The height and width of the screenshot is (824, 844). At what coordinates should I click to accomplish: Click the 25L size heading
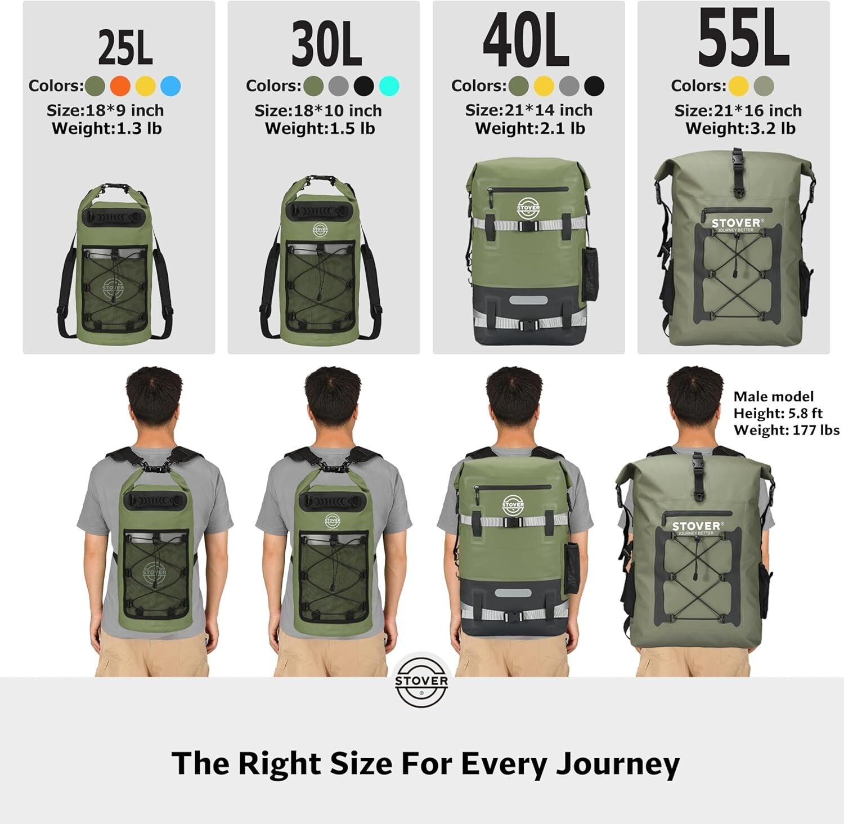[125, 47]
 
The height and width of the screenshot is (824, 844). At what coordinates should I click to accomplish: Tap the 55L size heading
[743, 39]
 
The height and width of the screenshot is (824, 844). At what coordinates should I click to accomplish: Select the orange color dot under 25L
[120, 86]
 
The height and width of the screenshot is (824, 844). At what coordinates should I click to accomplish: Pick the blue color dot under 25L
[170, 86]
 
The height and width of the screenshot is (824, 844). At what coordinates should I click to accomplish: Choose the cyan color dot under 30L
[389, 86]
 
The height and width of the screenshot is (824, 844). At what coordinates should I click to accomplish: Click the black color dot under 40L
[594, 86]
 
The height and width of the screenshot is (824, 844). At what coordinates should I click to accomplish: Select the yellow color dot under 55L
[738, 86]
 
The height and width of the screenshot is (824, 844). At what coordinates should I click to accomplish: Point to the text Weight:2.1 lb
[530, 128]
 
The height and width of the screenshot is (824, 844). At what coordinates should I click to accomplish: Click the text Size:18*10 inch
[318, 110]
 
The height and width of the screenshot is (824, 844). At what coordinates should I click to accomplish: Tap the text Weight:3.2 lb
[740, 128]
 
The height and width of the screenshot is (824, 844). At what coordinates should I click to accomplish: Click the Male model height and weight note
[786, 414]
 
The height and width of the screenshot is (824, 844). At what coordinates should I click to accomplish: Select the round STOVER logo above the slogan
[421, 682]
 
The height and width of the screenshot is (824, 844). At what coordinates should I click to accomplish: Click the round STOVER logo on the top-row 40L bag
[528, 207]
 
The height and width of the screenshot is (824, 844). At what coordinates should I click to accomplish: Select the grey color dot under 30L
[339, 86]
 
